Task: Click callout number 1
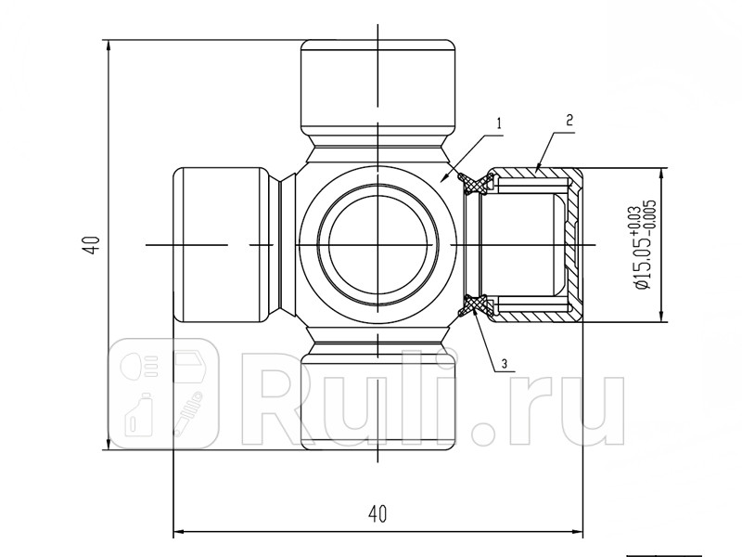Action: (499, 123)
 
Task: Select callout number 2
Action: (569, 120)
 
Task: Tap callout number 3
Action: (505, 364)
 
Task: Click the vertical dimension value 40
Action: (96, 245)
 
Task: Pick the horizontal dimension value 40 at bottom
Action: (377, 514)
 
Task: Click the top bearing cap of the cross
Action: (378, 86)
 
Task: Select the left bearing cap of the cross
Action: (221, 245)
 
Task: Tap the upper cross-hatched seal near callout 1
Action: (476, 184)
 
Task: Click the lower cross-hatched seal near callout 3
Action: (476, 305)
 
